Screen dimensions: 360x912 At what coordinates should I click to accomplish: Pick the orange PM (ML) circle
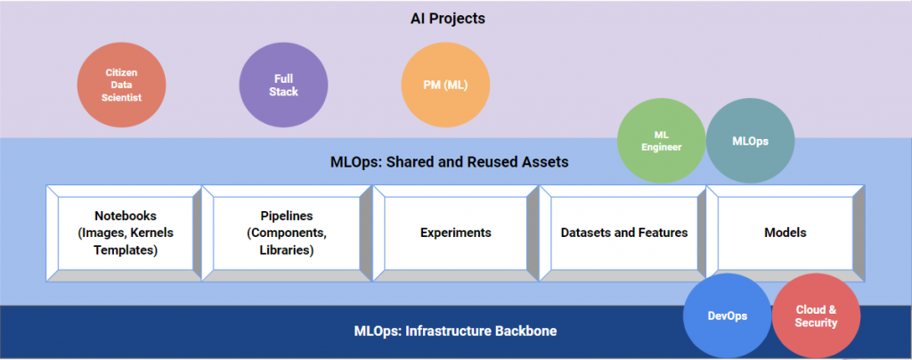click(x=445, y=85)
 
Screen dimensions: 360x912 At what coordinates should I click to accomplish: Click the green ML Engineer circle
click(x=661, y=141)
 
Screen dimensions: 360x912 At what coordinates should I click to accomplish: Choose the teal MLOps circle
click(x=749, y=141)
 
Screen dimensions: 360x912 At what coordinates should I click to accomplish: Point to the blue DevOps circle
click(x=727, y=316)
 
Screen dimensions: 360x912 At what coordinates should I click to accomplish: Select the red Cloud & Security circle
click(x=816, y=316)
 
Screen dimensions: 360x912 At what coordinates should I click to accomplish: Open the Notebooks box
click(x=126, y=233)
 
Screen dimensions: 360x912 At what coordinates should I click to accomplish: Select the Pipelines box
click(x=287, y=233)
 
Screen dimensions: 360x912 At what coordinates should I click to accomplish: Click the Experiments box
click(x=455, y=233)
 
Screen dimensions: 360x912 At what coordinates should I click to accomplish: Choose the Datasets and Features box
click(x=623, y=233)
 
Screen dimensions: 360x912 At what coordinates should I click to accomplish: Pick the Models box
click(x=785, y=233)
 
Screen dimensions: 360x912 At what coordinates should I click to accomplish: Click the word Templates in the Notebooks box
click(x=126, y=250)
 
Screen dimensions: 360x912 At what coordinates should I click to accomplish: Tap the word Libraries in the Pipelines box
click(x=287, y=250)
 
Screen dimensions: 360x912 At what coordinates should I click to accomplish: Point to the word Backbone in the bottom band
click(x=525, y=331)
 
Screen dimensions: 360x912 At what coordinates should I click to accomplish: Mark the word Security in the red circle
click(x=816, y=323)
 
